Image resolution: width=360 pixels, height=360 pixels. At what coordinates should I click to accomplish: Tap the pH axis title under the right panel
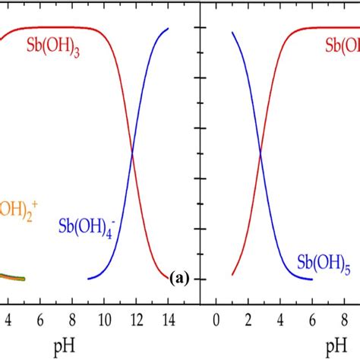pyautogui.click(x=333, y=346)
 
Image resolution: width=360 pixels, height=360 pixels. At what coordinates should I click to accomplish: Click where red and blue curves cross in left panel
pyautogui.click(x=133, y=152)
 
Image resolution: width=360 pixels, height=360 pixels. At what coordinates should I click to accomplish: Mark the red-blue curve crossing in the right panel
pyautogui.click(x=261, y=152)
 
